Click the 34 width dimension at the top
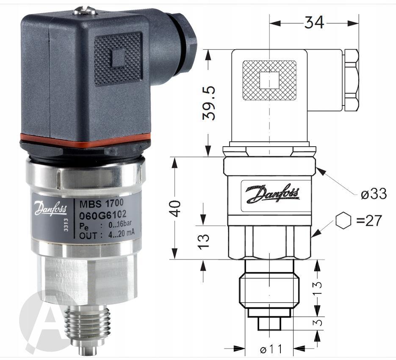click(314, 22)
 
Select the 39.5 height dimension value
click(209, 103)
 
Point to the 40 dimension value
click(175, 208)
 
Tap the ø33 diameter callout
click(374, 194)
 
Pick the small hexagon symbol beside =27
click(343, 220)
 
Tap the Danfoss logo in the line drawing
click(273, 194)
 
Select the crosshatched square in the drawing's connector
click(269, 80)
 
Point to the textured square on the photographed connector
click(118, 59)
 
